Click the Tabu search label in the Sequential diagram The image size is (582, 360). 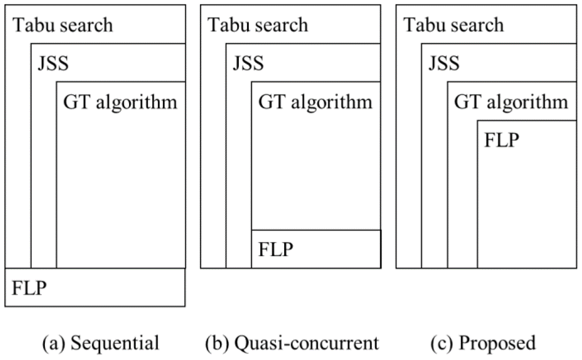tap(63, 25)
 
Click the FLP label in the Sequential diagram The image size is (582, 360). tap(28, 288)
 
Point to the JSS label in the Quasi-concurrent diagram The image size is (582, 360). tap(248, 62)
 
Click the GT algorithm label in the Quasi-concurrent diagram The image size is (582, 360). tap(315, 102)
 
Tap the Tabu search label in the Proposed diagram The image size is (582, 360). tap(453, 25)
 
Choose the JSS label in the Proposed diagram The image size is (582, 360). tap(443, 62)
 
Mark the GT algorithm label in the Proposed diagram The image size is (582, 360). tap(511, 102)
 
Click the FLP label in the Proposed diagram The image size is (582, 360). tap(501, 140)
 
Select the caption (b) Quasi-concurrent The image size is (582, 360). tap(292, 343)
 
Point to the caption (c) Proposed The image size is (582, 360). tap(482, 343)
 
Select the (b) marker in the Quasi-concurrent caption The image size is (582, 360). tap(216, 343)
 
